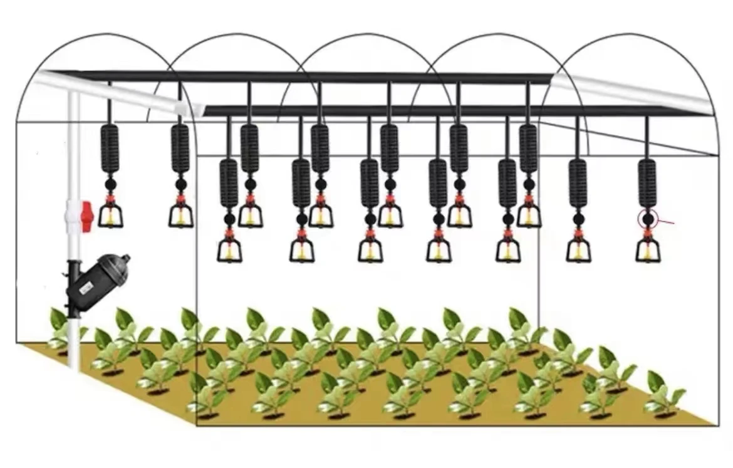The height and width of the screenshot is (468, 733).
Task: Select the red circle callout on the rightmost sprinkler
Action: pyautogui.click(x=647, y=219)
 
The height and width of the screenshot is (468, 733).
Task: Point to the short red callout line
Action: pyautogui.click(x=665, y=221)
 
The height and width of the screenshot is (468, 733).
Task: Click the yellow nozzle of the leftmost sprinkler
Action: pyautogui.click(x=110, y=217)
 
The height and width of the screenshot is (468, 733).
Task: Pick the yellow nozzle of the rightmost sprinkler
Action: pyautogui.click(x=648, y=252)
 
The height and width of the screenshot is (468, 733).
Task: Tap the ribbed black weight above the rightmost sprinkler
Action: pyautogui.click(x=647, y=182)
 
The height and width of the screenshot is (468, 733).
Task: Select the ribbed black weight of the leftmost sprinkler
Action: pyautogui.click(x=110, y=148)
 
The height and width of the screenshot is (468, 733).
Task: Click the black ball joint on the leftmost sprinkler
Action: pyautogui.click(x=110, y=185)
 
